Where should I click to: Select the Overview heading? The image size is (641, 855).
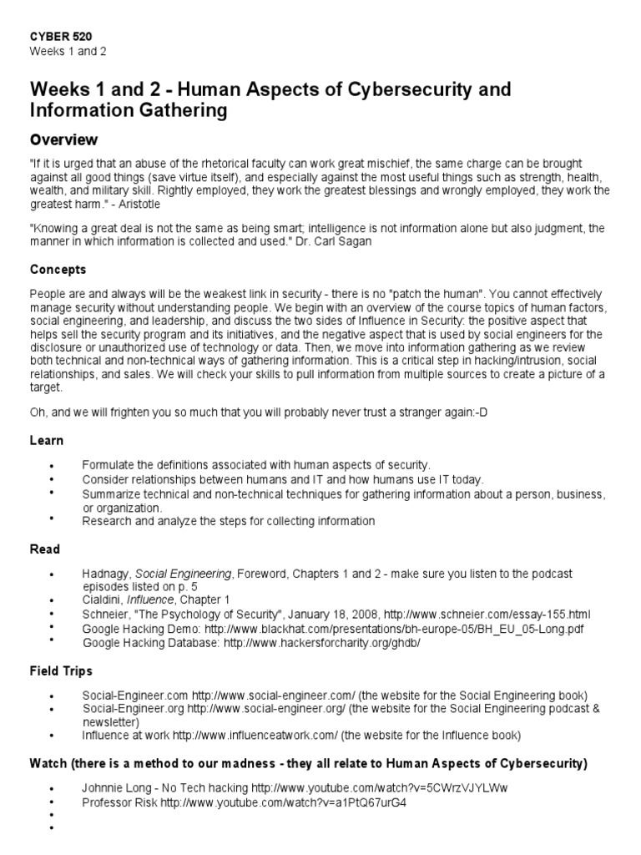[63, 139]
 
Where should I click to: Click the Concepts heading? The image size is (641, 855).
[58, 270]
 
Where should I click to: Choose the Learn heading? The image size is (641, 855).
[46, 440]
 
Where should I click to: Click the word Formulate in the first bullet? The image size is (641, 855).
[107, 464]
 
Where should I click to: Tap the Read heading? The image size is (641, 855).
[45, 549]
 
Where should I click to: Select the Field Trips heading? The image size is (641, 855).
[61, 670]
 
